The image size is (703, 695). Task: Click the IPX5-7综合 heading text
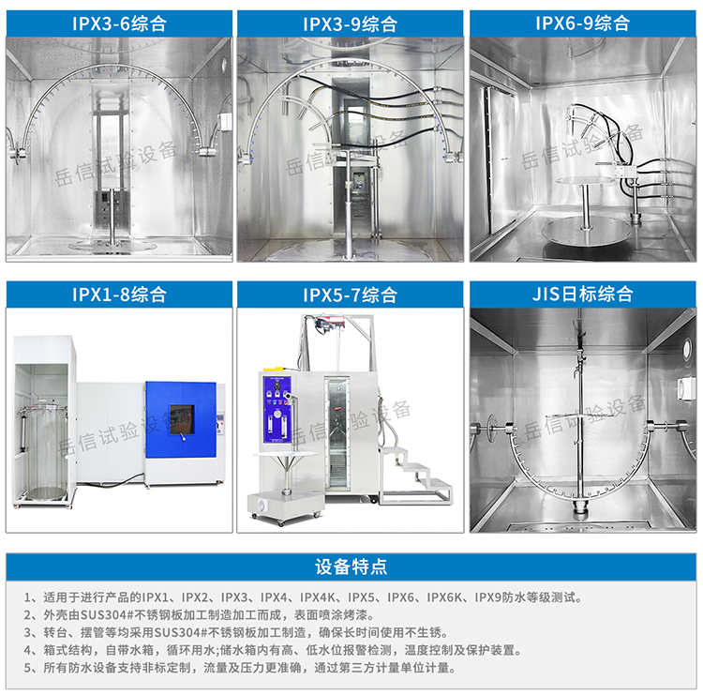click(350, 295)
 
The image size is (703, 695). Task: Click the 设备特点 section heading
click(351, 567)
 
